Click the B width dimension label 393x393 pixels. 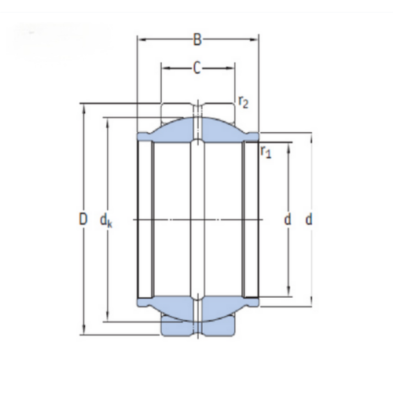pyautogui.click(x=197, y=39)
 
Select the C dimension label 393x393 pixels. pyautogui.click(x=197, y=68)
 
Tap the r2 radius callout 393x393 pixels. pyautogui.click(x=243, y=102)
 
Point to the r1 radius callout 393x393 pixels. pyautogui.click(x=266, y=152)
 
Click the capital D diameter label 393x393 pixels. pyautogui.click(x=83, y=219)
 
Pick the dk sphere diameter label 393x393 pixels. pyautogui.click(x=106, y=221)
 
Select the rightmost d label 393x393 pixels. pyautogui.click(x=309, y=219)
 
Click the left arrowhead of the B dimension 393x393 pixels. pyautogui.click(x=141, y=39)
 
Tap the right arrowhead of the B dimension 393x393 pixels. pyautogui.click(x=255, y=39)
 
